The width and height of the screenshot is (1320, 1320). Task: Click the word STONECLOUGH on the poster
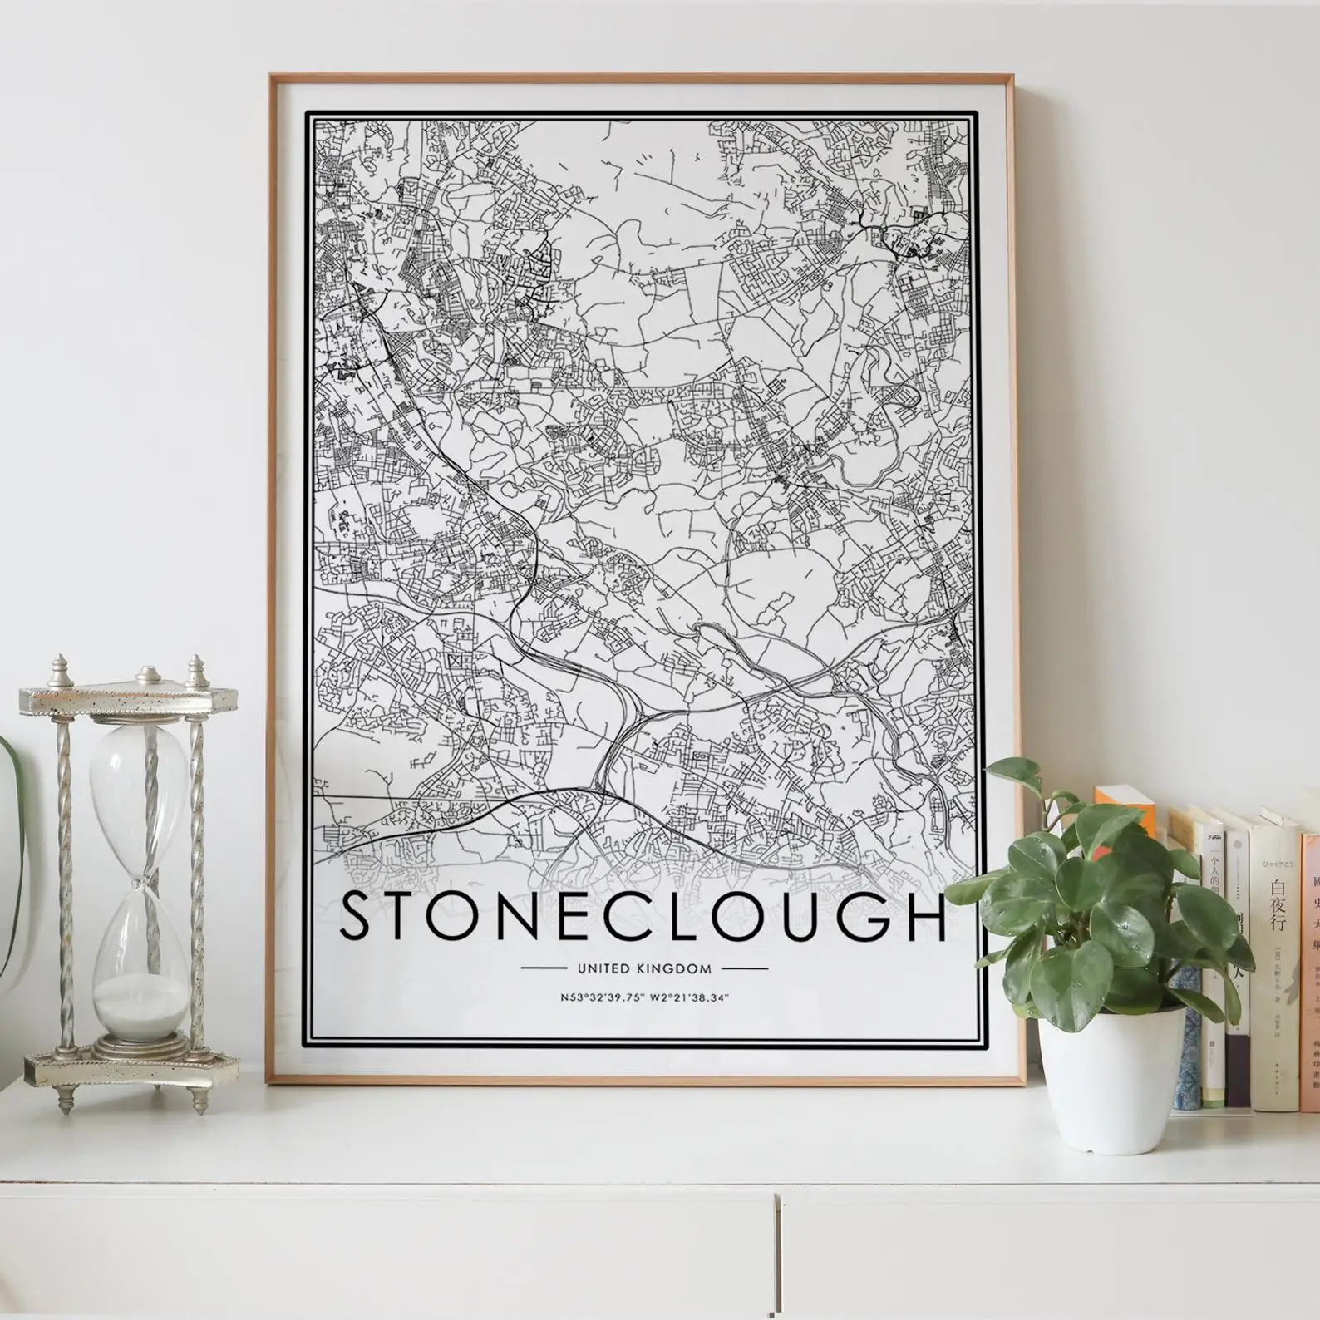click(x=644, y=916)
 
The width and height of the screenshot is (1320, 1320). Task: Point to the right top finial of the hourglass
click(x=197, y=667)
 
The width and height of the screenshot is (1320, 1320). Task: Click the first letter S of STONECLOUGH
click(x=357, y=916)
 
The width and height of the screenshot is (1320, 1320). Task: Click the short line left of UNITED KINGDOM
click(x=544, y=968)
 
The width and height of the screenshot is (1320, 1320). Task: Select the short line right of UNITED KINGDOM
click(x=745, y=968)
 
